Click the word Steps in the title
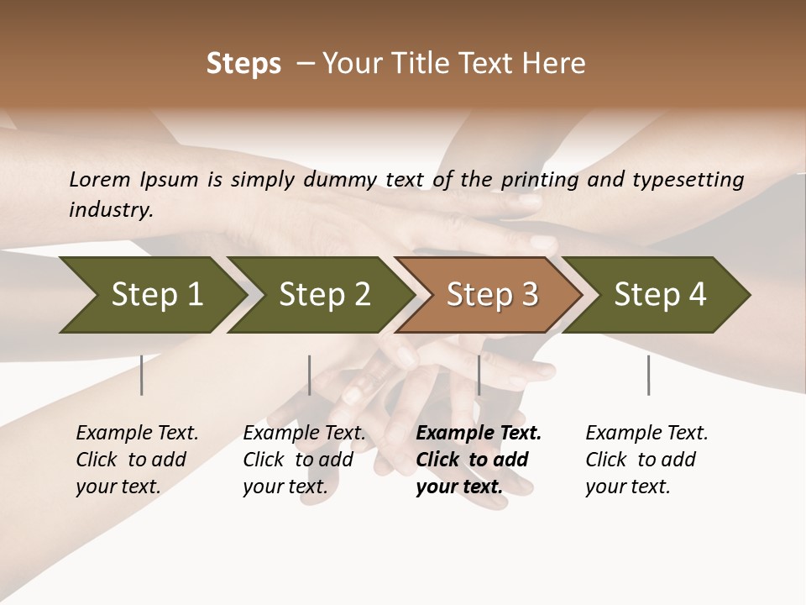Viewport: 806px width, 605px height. [x=243, y=64]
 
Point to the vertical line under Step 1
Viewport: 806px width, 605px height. [x=142, y=375]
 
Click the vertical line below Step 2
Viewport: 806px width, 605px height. [x=310, y=375]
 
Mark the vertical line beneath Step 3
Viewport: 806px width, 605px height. [x=479, y=375]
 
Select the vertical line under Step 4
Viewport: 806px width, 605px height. [x=648, y=375]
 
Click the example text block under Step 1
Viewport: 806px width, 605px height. [x=136, y=460]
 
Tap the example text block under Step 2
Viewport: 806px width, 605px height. [x=303, y=460]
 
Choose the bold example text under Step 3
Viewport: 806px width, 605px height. [x=478, y=460]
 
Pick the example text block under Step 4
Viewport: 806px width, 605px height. [x=646, y=460]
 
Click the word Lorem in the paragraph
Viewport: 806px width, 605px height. [x=99, y=180]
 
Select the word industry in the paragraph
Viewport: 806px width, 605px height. [x=110, y=210]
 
